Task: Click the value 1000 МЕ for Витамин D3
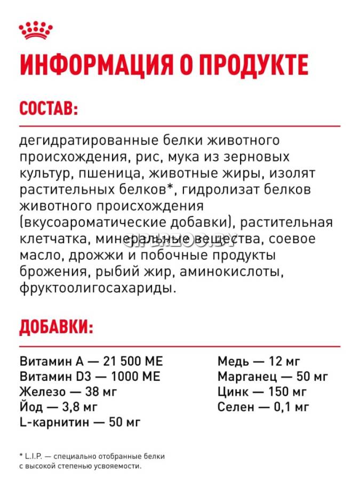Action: tap(133, 377)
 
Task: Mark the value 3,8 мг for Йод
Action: tap(79, 407)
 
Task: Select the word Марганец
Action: tap(246, 377)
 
